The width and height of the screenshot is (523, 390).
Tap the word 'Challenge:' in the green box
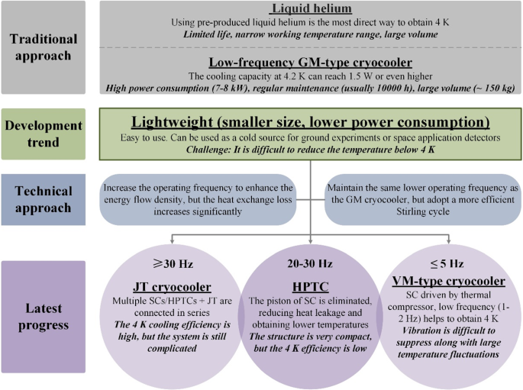tap(212, 149)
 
